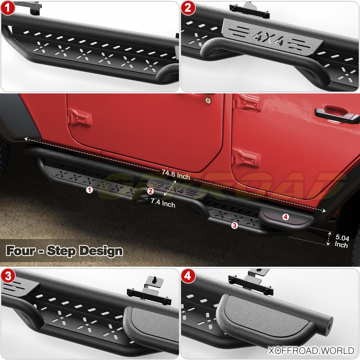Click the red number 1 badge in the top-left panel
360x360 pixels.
tap(8, 8)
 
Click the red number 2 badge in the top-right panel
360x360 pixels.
tap(188, 8)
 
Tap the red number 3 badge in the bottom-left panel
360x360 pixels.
tap(8, 276)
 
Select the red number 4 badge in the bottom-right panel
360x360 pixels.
tap(188, 276)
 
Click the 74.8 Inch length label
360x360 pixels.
tap(176, 175)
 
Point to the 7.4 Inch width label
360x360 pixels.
tap(163, 203)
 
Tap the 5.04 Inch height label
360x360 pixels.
tap(342, 241)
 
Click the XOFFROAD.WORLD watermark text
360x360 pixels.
tap(311, 351)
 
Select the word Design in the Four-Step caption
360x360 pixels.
tap(101, 251)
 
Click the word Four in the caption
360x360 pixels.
tap(21, 251)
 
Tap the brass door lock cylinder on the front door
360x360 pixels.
tap(208, 100)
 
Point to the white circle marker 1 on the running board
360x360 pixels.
tap(89, 190)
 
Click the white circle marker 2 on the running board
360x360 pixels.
tap(150, 191)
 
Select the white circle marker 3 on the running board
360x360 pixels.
tap(234, 225)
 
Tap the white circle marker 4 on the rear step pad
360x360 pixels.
tap(285, 217)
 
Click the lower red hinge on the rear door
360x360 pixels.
tap(246, 158)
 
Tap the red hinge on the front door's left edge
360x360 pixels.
tap(79, 118)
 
